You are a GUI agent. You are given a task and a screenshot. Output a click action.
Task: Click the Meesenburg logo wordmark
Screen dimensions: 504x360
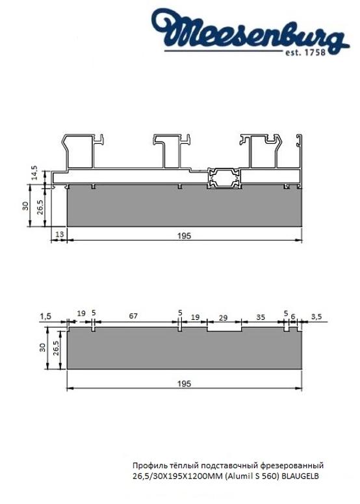pyautogui.click(x=251, y=31)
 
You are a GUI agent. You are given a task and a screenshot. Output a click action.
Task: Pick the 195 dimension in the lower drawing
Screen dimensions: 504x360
pyautogui.click(x=185, y=384)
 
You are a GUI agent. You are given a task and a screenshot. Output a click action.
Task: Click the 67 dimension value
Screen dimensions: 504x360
pyautogui.click(x=133, y=315)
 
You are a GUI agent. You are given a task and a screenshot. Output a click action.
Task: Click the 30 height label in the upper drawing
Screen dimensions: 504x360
pyautogui.click(x=25, y=206)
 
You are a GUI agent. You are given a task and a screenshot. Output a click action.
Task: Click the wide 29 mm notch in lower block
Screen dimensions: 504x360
pyautogui.click(x=224, y=329)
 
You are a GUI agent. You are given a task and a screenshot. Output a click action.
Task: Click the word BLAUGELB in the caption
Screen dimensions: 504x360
pyautogui.click(x=301, y=476)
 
